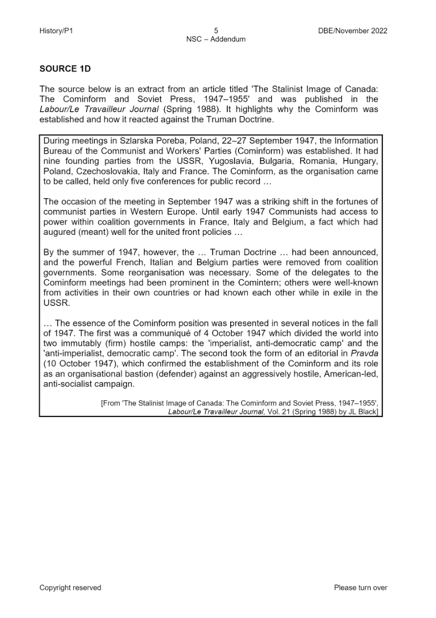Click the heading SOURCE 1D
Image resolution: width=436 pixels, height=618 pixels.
coord(65,69)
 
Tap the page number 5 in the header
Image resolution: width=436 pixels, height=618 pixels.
coord(216,31)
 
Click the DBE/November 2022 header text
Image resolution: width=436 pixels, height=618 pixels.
coord(349,31)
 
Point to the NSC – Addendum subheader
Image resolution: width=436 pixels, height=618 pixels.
coord(216,39)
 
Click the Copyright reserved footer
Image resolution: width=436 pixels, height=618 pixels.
coord(70,587)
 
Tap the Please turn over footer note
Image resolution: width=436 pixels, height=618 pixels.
coord(361,587)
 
